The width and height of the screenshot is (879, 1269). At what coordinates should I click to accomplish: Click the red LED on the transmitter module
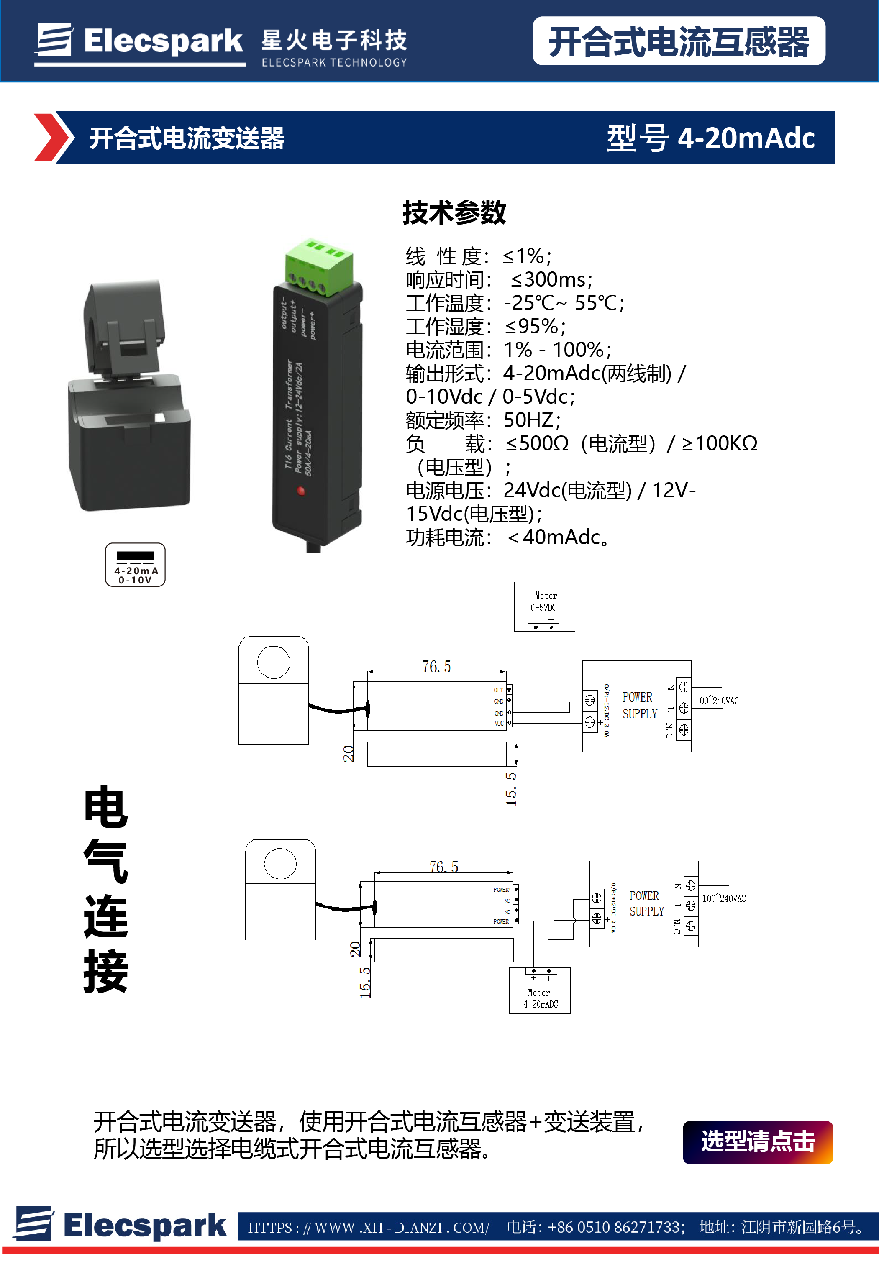coord(301,491)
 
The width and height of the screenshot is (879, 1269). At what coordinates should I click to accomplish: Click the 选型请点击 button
coord(757,1142)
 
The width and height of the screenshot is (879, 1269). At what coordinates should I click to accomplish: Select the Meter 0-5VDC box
coord(544,606)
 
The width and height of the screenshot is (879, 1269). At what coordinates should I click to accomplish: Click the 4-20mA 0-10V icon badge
coord(135,565)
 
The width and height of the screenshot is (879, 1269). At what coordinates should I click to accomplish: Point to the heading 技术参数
coord(454,212)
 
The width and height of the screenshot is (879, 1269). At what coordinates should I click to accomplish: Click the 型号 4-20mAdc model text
coord(710,138)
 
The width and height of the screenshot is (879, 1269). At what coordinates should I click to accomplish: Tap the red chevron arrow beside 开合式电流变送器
coord(53,138)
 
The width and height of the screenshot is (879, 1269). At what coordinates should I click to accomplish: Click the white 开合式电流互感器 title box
coord(678,41)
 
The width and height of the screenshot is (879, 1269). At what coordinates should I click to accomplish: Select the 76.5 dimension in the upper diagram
coord(436,666)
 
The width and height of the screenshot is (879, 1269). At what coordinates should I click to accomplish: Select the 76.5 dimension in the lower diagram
coord(443,867)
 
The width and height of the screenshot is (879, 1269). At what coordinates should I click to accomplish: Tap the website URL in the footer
coord(368,1227)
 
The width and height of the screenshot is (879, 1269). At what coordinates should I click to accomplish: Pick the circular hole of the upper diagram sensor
coord(274,662)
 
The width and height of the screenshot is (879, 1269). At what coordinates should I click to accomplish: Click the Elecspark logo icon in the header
coord(54,40)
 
